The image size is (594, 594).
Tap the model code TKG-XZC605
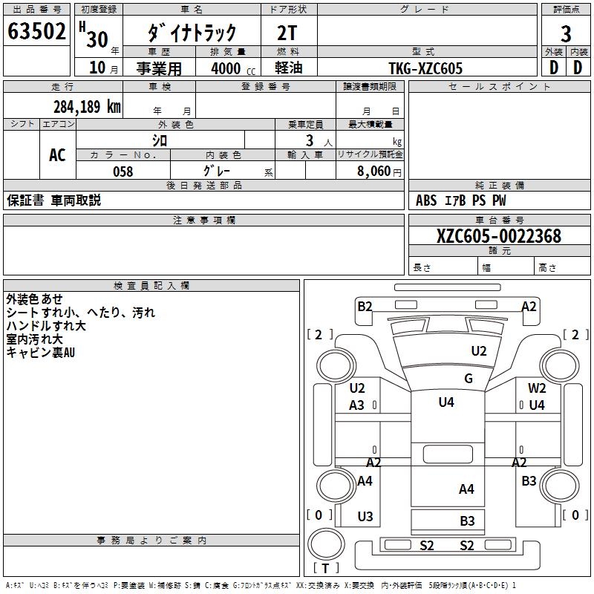425,68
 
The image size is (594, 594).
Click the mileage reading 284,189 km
87,107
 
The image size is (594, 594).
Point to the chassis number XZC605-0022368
499,236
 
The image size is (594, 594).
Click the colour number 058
123,172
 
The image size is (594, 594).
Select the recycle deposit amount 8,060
375,172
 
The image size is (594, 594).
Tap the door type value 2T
289,32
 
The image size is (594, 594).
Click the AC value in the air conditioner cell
57,154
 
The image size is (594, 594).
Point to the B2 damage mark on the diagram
365,306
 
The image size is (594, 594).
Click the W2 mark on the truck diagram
537,388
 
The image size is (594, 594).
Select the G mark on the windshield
469,379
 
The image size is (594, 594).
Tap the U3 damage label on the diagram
365,517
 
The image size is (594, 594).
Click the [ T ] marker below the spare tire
327,569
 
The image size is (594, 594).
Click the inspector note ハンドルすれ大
46,325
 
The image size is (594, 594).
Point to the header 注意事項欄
204,221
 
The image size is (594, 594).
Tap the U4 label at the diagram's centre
446,402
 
